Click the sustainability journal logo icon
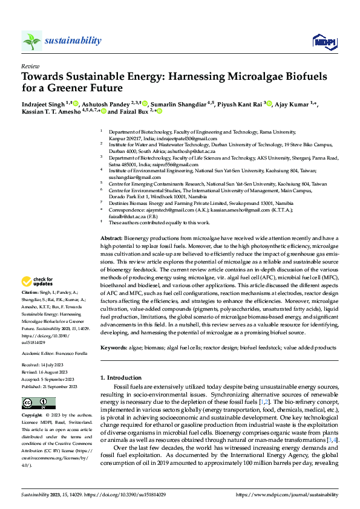(x=31, y=41)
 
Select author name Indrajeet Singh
(x=43, y=104)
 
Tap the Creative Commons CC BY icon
(x=34, y=403)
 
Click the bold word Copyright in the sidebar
(x=32, y=416)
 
